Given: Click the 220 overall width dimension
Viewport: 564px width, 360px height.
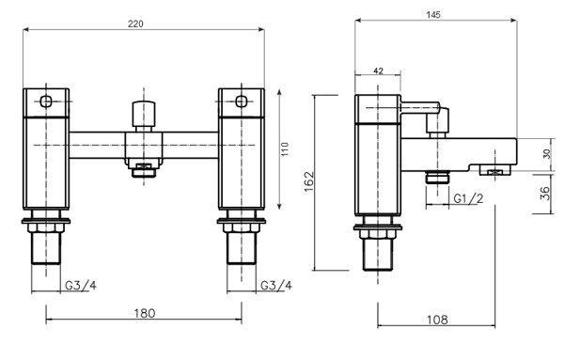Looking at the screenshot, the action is [135, 23].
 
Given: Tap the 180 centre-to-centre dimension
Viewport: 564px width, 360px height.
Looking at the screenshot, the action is [145, 313].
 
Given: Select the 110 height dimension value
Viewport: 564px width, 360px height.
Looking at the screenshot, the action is [285, 149].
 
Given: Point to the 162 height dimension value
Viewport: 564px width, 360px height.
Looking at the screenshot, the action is [309, 181].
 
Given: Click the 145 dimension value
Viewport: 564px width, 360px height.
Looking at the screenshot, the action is [433, 15].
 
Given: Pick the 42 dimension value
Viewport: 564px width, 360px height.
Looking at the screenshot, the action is [378, 70].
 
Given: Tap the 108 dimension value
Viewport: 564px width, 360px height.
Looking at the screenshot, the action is [437, 320].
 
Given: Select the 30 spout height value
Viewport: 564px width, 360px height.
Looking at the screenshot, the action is [547, 154].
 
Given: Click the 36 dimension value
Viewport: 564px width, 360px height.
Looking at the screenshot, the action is [545, 193].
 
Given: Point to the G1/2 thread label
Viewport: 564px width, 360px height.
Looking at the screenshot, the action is [468, 198].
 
